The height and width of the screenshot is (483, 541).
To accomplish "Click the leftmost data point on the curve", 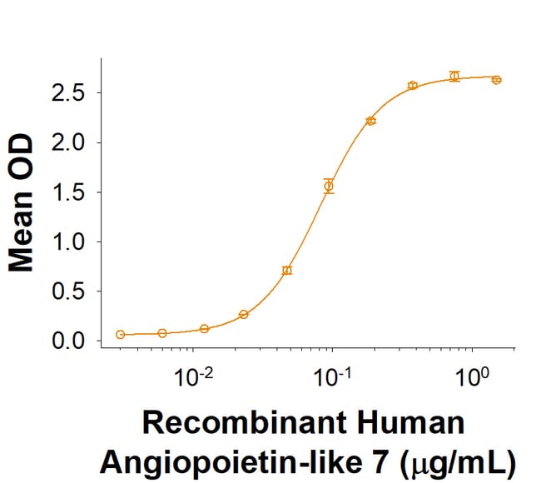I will [x=121, y=334].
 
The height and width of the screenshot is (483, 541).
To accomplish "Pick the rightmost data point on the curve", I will [x=496, y=80].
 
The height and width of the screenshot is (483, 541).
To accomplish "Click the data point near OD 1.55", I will [x=329, y=186].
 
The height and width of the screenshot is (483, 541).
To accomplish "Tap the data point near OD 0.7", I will [x=287, y=270].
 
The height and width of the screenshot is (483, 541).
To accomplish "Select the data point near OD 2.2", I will [x=370, y=121].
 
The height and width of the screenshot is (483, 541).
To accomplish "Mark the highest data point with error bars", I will [x=454, y=76].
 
